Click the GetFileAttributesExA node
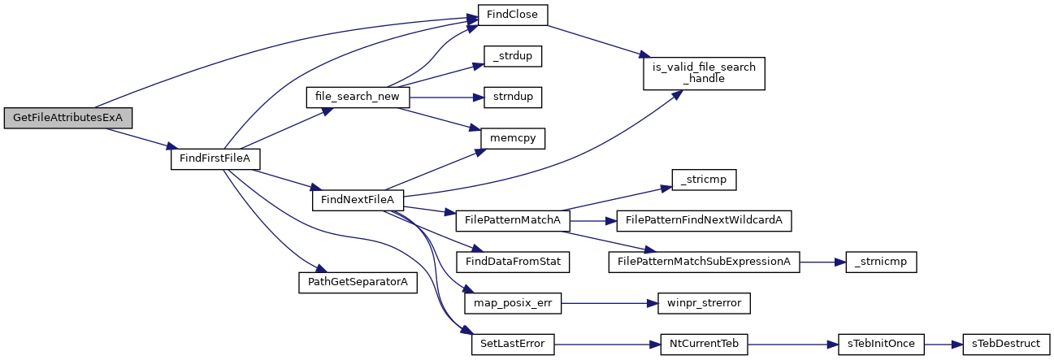point(67,118)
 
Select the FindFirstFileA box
point(215,158)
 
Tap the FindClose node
point(513,15)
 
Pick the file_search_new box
point(358,97)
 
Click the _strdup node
point(513,56)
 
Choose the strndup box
point(513,97)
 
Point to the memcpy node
point(513,138)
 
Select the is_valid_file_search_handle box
point(704,73)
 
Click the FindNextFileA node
point(358,200)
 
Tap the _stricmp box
point(704,180)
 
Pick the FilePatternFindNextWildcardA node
point(704,221)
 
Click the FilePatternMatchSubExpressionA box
point(704,262)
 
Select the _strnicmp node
point(881,262)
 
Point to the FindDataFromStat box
point(513,262)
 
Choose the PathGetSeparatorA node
point(358,282)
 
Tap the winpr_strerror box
point(704,303)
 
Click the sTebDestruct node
point(1006,344)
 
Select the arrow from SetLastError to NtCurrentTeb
point(608,345)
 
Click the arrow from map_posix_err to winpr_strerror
point(609,304)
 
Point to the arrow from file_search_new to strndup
point(447,98)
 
